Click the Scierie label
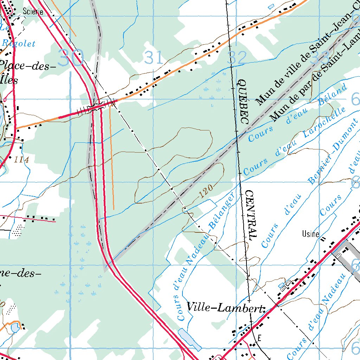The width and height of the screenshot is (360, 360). [x=33, y=12]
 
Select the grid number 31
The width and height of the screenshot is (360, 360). [x=154, y=57]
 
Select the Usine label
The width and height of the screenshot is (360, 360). [x=311, y=234]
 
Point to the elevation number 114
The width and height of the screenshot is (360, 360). [x=22, y=160]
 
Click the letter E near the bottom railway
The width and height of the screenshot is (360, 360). [x=259, y=338]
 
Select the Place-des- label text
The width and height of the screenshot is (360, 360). [x=28, y=66]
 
